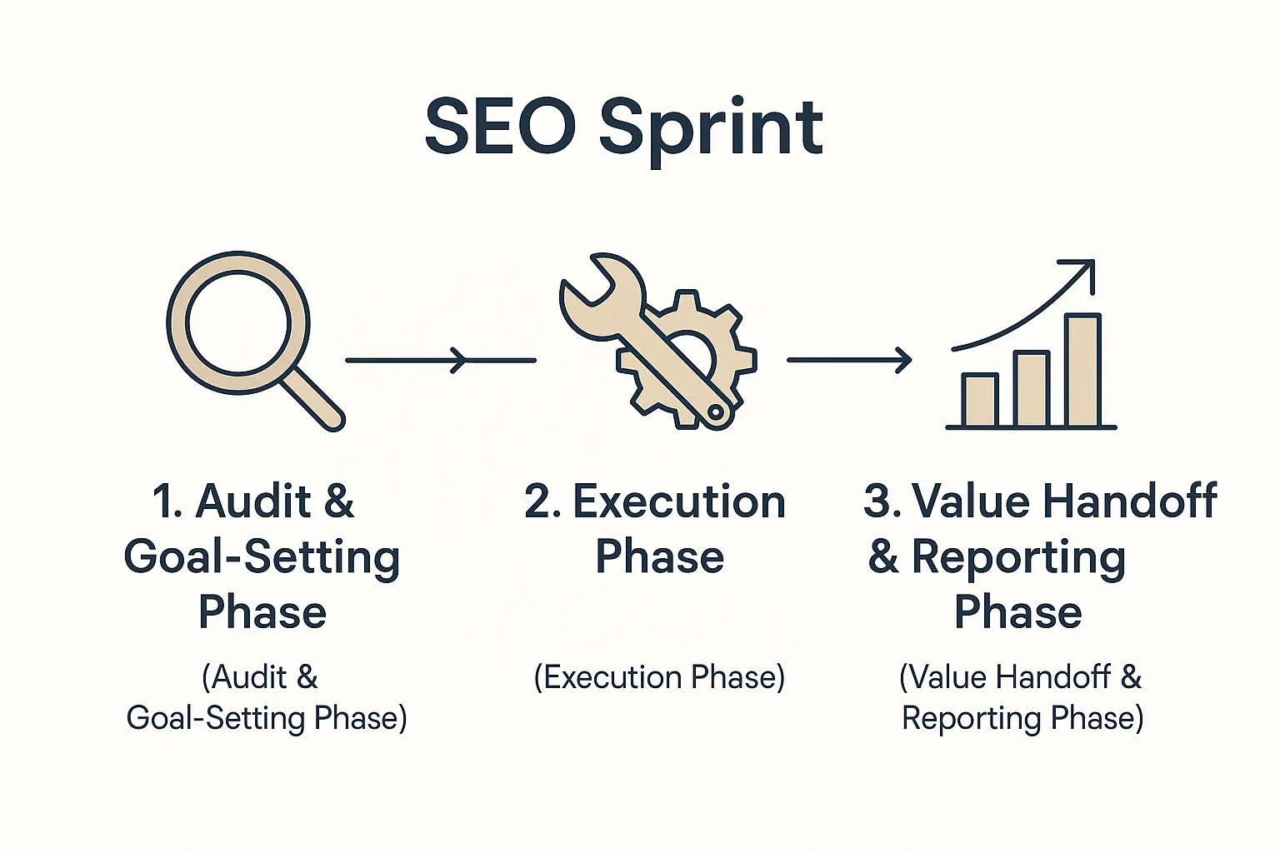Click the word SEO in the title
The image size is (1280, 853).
click(500, 127)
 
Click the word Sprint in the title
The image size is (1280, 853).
click(711, 129)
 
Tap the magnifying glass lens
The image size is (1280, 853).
click(238, 322)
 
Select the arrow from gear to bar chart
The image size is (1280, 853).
click(849, 360)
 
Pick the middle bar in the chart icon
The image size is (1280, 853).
click(1031, 389)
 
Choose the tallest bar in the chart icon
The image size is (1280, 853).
click(1082, 370)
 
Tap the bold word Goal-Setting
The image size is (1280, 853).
click(262, 557)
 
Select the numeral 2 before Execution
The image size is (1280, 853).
click(539, 501)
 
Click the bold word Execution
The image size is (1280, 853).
click(679, 501)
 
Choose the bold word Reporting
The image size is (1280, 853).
click(1018, 557)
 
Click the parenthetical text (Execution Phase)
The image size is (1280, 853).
click(659, 677)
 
